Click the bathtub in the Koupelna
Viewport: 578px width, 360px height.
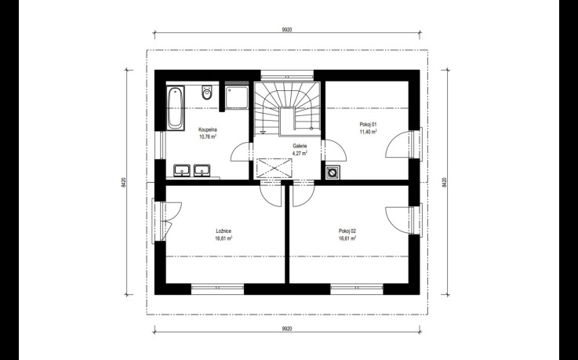(x=176, y=108)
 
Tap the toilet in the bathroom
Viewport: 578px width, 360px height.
(x=207, y=93)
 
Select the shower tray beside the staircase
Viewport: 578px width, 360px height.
(x=237, y=97)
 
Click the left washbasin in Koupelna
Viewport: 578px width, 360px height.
(x=182, y=171)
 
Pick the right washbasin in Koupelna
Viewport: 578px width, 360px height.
(x=202, y=171)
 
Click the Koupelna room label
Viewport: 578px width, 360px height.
(x=208, y=129)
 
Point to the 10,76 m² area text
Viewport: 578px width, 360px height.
(x=208, y=136)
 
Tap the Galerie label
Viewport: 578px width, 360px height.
(x=300, y=146)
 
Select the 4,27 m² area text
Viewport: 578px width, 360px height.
(x=300, y=153)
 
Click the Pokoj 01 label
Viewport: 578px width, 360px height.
(x=368, y=125)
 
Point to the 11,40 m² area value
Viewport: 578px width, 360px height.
(x=368, y=132)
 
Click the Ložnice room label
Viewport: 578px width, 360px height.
(x=224, y=231)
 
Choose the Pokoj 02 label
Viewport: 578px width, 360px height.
(x=347, y=231)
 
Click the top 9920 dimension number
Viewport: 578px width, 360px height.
(x=287, y=30)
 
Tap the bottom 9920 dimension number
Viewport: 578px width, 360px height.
(x=287, y=329)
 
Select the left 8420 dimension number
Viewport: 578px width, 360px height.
(x=124, y=182)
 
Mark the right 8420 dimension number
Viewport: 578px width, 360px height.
(x=444, y=182)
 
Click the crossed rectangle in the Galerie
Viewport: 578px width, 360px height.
(x=274, y=169)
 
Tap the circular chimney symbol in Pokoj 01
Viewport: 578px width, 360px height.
(x=333, y=172)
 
